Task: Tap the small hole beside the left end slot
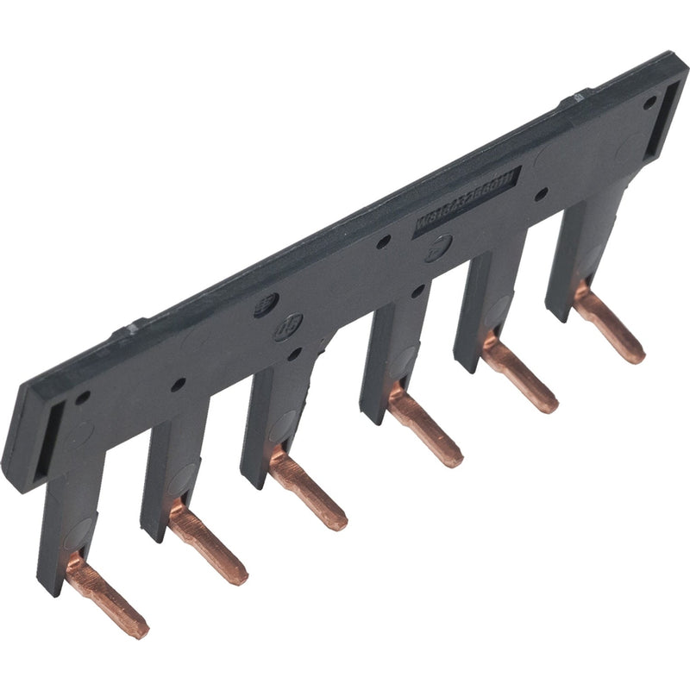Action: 83,398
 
